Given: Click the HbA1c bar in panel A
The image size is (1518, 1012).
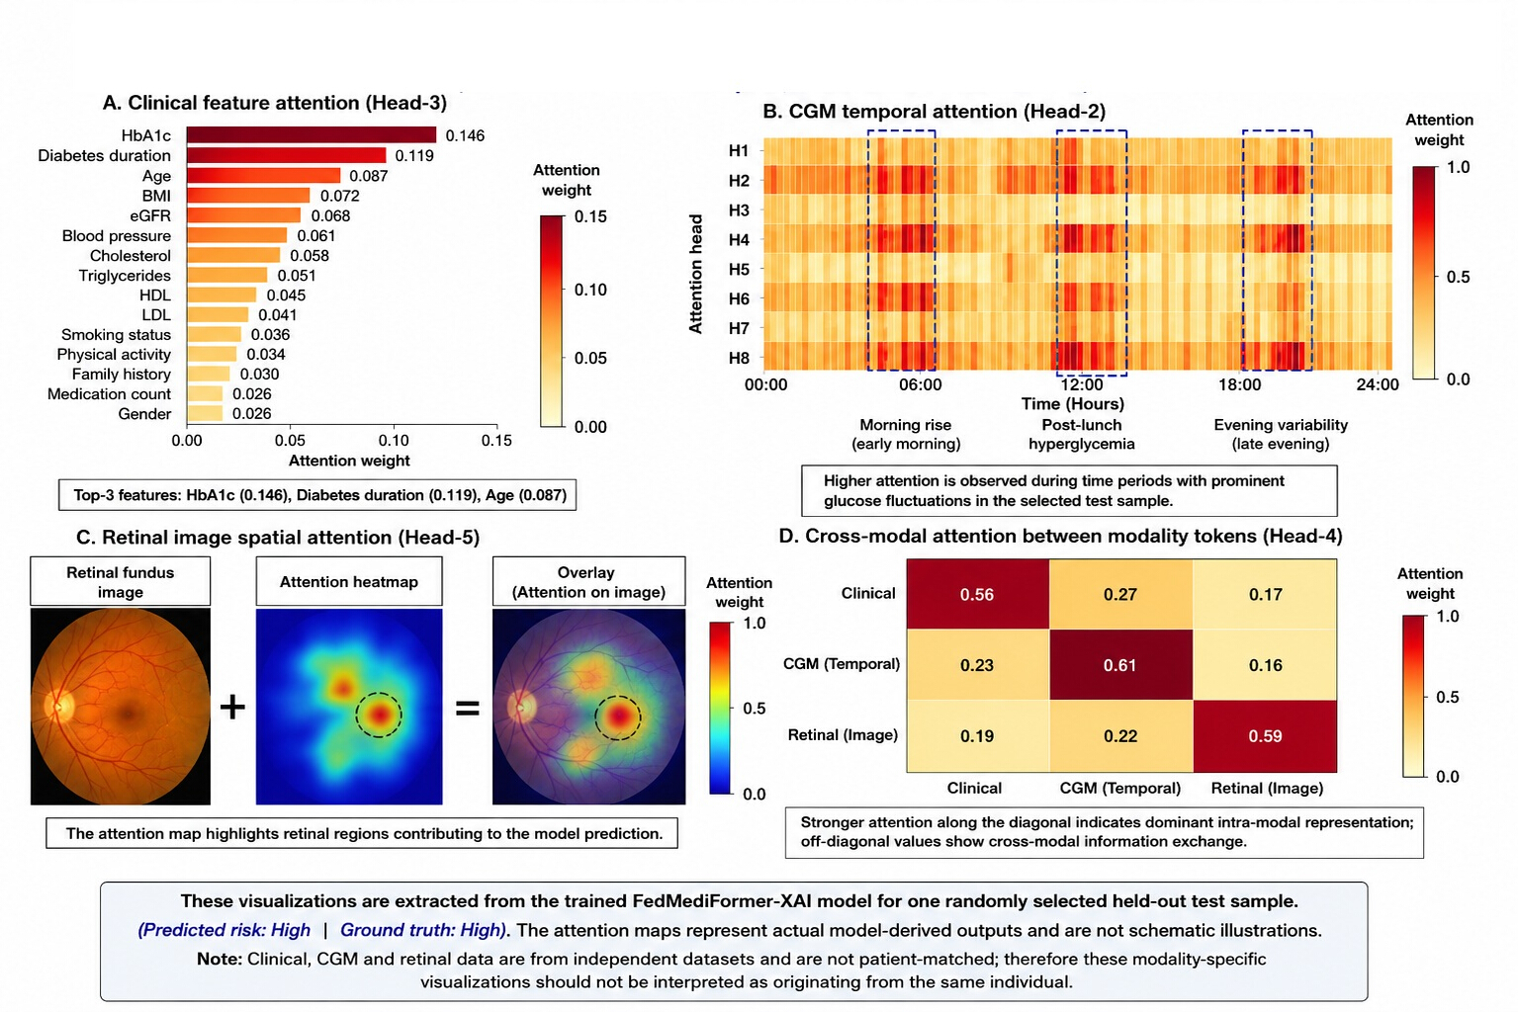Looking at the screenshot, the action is click(x=312, y=134).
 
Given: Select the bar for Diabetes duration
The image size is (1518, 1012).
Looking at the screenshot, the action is click(x=286, y=155).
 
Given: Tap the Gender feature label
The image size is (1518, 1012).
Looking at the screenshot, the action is click(x=144, y=414).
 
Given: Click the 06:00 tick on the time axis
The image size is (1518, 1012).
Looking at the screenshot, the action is click(x=920, y=384).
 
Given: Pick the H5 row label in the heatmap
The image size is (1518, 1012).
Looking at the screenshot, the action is click(x=739, y=269).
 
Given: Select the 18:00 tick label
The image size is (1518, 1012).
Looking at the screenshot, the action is click(x=1239, y=384).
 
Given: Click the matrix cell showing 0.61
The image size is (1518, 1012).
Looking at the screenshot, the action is click(x=1120, y=664).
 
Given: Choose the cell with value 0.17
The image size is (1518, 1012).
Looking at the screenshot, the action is click(x=1265, y=594).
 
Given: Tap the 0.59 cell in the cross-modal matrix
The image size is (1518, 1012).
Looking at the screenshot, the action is click(x=1265, y=736).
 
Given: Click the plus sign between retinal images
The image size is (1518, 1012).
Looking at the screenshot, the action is click(x=232, y=708).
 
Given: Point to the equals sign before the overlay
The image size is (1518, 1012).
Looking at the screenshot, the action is click(x=467, y=709).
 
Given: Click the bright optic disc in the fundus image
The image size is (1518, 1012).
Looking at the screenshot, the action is click(x=55, y=706).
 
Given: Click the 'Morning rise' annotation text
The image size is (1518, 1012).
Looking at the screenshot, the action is click(x=906, y=425).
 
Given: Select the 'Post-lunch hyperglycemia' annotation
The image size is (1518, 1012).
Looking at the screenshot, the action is click(x=1082, y=434).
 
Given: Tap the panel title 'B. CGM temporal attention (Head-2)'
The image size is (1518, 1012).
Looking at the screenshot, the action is click(x=934, y=111).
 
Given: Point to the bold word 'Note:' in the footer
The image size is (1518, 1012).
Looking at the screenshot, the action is click(x=220, y=959).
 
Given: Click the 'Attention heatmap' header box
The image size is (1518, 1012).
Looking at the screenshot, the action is click(x=349, y=581).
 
